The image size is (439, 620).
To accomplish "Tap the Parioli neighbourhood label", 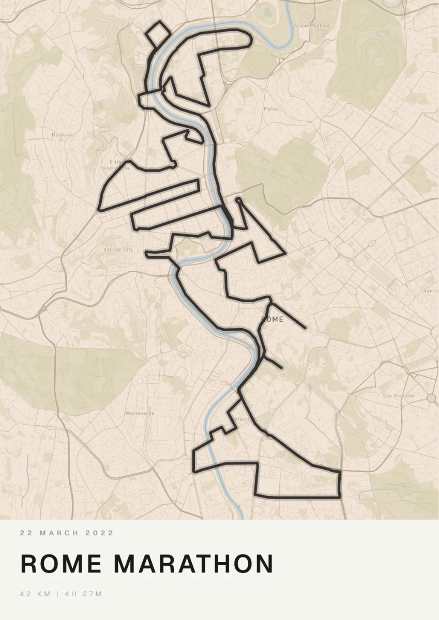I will pos(271,109).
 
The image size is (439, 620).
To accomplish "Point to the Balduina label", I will pos(63,135).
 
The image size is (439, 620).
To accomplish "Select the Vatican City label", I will pos(118,250).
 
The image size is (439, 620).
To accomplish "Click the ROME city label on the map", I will pos(273,319).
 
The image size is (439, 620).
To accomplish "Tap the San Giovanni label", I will pos(399,396).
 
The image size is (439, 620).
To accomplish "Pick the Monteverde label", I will pos(140,413).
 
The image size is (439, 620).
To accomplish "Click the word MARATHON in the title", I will pos(193,564).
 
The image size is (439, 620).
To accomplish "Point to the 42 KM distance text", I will pos(35,594).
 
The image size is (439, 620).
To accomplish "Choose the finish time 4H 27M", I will pos(83,594).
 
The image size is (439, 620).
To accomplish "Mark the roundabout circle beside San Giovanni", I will pos(431,397).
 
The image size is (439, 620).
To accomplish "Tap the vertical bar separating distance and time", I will pos(57,594).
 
